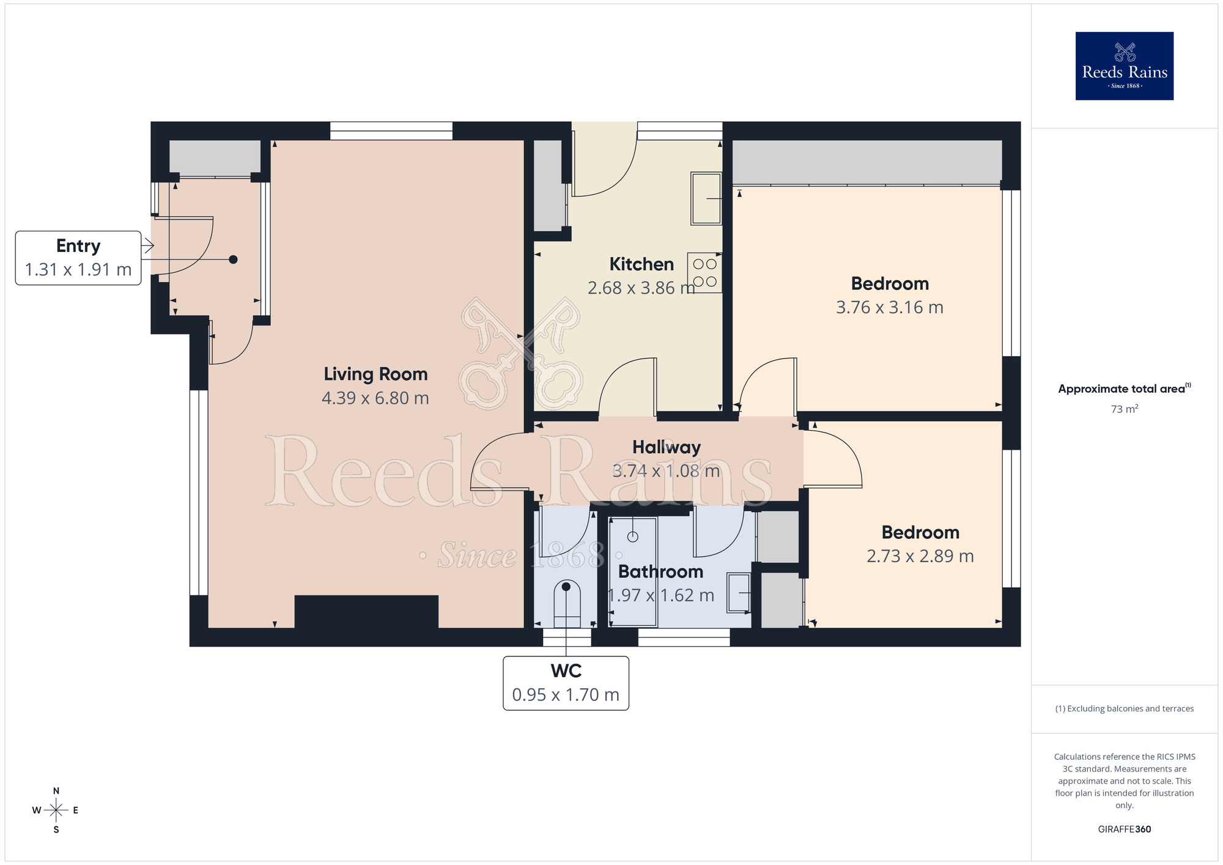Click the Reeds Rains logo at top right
click(1124, 66)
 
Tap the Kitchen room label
click(641, 264)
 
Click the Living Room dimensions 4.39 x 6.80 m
click(375, 398)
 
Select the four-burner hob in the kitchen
click(704, 273)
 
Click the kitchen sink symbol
click(706, 198)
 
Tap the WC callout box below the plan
click(566, 683)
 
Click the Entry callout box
click(78, 258)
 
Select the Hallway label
click(666, 447)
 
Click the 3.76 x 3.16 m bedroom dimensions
click(889, 308)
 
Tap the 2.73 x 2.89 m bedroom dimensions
click(920, 556)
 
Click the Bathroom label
click(660, 572)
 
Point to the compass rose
click(56, 811)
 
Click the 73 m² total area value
click(1124, 409)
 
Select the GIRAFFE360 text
click(1124, 830)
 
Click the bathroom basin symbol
click(739, 593)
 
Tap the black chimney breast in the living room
click(366, 611)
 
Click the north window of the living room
click(391, 131)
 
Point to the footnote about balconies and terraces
click(1124, 708)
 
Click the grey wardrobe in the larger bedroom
click(866, 162)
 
